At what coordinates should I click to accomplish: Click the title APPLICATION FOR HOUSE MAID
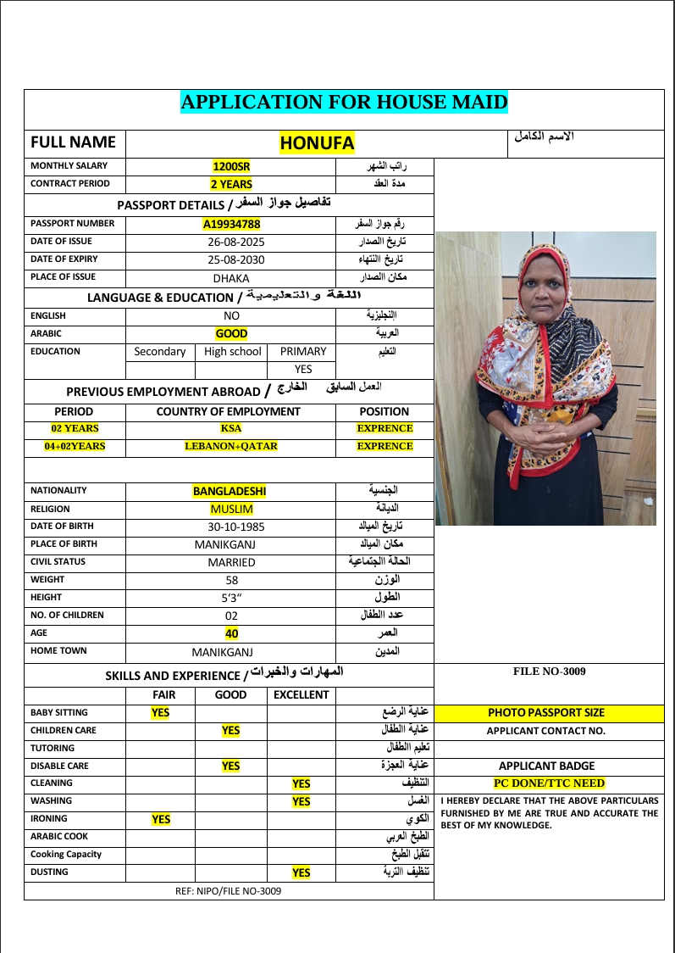tap(344, 103)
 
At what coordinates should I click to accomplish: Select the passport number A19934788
tap(231, 225)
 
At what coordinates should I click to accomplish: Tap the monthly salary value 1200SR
tap(231, 166)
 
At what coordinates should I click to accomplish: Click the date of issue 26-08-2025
tap(231, 242)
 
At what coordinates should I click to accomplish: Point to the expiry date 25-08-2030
tap(231, 260)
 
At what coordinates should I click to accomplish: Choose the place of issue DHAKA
tap(231, 278)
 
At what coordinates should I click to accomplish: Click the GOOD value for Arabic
tap(231, 334)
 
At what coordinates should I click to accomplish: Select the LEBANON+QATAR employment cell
tap(231, 446)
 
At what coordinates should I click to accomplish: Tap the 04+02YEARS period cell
tap(75, 446)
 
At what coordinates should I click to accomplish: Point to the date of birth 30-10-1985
tap(230, 527)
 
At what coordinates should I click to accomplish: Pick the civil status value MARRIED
tap(231, 562)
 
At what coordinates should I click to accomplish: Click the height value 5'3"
tap(231, 598)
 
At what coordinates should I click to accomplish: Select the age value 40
tap(231, 633)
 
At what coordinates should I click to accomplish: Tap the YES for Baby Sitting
tap(160, 713)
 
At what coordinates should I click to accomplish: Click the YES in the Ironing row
tap(160, 819)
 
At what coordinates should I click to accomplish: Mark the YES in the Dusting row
tap(301, 872)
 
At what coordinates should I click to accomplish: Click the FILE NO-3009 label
tap(549, 672)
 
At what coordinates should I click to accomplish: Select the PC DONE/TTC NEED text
tap(549, 783)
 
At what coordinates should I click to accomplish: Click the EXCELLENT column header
tap(301, 694)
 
